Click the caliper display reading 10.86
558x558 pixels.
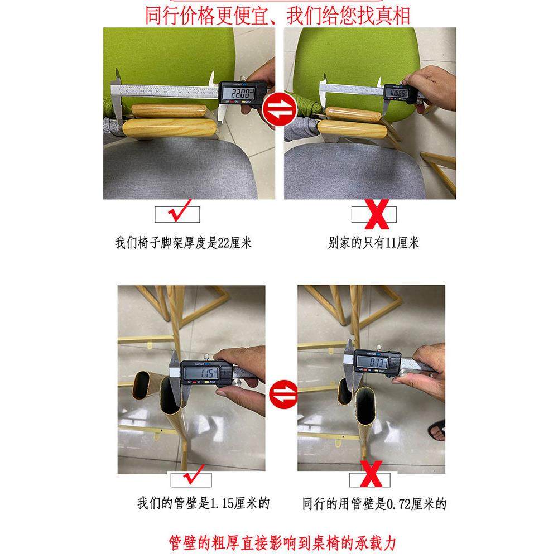(x=398, y=93)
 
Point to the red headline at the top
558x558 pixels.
(x=277, y=15)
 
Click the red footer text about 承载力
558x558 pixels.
(x=285, y=542)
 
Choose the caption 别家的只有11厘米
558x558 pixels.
(x=373, y=243)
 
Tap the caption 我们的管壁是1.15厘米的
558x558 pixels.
(x=204, y=504)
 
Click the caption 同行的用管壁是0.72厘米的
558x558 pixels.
(x=374, y=504)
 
